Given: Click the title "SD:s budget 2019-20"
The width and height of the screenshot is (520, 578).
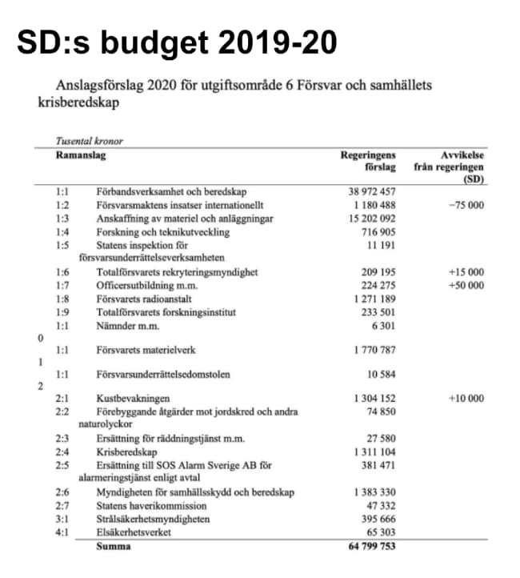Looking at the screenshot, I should pos(176,42).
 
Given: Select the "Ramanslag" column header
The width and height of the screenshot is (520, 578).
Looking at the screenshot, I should pos(81,155).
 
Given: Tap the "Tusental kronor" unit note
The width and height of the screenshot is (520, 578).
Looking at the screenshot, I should pos(89,142).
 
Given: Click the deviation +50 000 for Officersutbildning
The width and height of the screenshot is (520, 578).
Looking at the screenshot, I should pos(466,285).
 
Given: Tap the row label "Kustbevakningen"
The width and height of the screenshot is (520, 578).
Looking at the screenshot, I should pos(131,399).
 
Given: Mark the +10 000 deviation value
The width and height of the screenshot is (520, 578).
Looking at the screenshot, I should pos(466,399).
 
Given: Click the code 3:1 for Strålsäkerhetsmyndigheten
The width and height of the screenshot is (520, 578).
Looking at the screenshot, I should pos(62,520).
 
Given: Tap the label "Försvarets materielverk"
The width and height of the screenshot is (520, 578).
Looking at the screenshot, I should pos(146,350).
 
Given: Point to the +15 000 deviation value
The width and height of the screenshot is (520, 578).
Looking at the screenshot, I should pos(466,272).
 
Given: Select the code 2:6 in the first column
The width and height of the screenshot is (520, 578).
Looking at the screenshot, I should pos(62,493).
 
